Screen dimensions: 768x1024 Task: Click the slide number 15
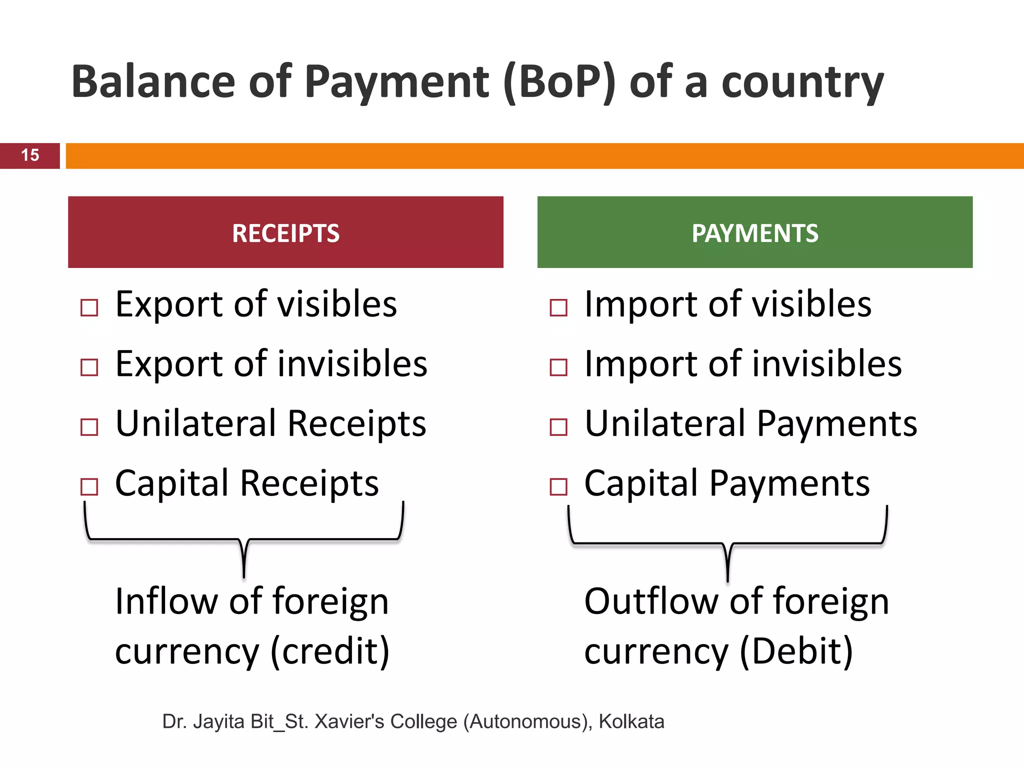click(x=30, y=155)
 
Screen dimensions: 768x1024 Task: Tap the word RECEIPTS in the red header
click(x=285, y=233)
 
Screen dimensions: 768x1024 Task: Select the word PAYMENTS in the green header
click(x=755, y=233)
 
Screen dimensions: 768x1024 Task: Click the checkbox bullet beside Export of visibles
click(x=89, y=307)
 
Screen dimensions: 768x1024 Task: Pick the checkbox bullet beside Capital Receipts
click(x=89, y=486)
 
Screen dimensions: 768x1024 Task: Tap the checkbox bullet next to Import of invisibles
click(x=558, y=367)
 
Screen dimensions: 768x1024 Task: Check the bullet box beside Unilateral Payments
click(x=558, y=427)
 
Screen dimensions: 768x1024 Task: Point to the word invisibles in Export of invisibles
click(x=352, y=363)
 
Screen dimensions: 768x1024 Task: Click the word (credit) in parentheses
click(x=330, y=651)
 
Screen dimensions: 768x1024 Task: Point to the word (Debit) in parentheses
click(x=796, y=651)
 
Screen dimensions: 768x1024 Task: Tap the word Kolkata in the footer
click(x=631, y=722)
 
